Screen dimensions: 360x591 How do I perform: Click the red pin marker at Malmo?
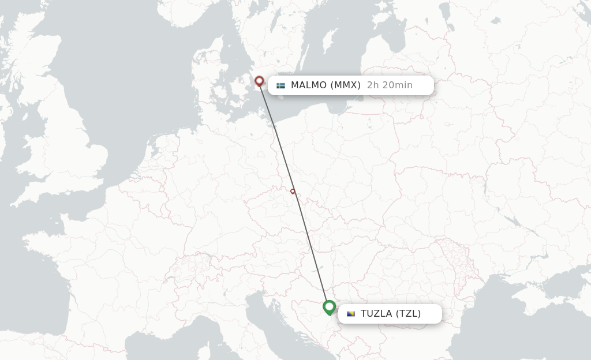pos(259,81)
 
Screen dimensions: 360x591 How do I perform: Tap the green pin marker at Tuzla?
pos(330,306)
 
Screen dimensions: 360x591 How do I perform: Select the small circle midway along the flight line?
pos(293,192)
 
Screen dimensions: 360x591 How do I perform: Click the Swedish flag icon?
pos(281,85)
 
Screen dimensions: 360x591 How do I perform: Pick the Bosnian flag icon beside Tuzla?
pos(351,314)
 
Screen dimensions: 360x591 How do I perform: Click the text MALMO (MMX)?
pos(326,85)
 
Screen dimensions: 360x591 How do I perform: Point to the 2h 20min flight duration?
pos(390,85)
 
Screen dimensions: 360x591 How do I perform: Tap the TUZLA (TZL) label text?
pos(391,314)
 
